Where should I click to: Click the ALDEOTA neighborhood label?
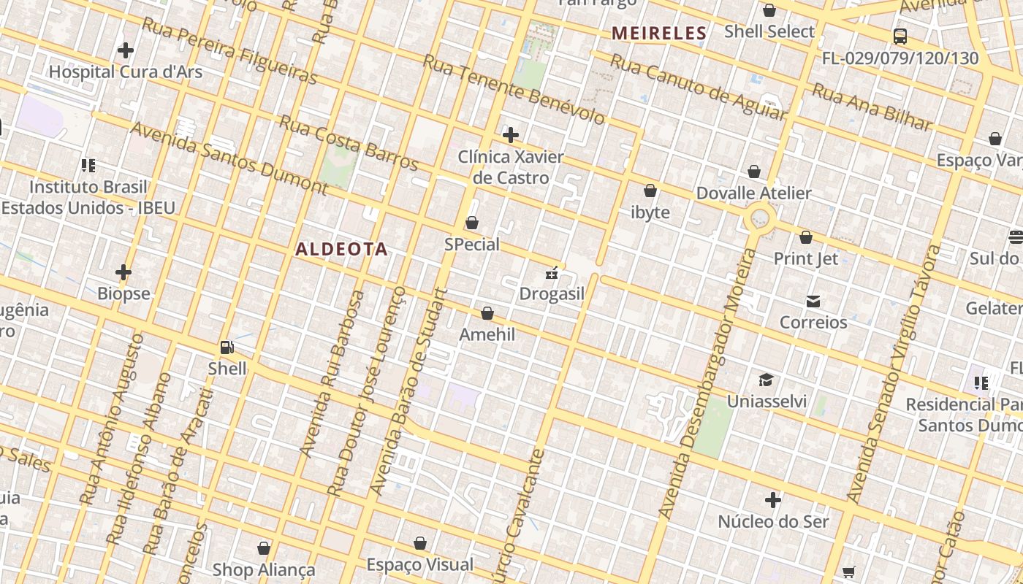(341, 249)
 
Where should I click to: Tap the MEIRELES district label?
(659, 33)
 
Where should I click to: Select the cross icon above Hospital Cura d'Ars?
(126, 50)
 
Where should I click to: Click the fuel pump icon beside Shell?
(227, 347)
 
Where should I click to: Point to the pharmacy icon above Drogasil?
(552, 274)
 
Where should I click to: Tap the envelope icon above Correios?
(813, 301)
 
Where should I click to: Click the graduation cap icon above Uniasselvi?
(766, 380)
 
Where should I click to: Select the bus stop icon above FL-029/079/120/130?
(900, 36)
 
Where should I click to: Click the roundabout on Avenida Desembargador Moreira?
(760, 218)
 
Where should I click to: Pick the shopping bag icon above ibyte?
(650, 191)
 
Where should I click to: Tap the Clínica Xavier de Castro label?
(511, 167)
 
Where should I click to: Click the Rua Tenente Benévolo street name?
(514, 89)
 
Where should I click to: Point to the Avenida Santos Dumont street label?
(229, 158)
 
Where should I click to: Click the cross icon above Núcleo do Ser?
(773, 500)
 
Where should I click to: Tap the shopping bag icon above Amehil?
(487, 313)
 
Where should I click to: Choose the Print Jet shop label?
(805, 258)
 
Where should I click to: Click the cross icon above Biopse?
(123, 272)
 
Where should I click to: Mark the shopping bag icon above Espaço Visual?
(420, 543)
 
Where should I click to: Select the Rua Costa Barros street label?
(349, 142)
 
